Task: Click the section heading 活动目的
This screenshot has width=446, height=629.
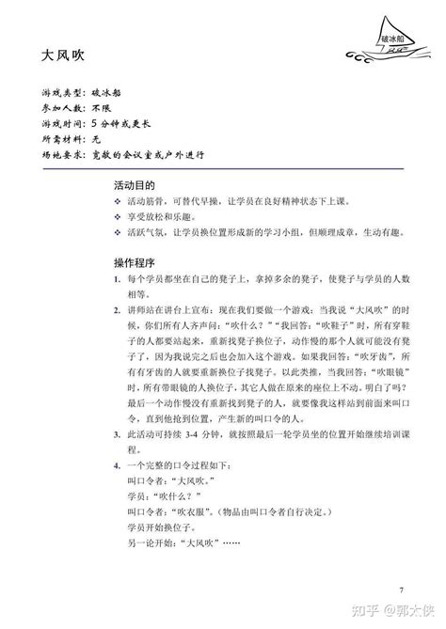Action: (x=134, y=186)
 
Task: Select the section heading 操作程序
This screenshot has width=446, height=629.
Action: (x=134, y=259)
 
